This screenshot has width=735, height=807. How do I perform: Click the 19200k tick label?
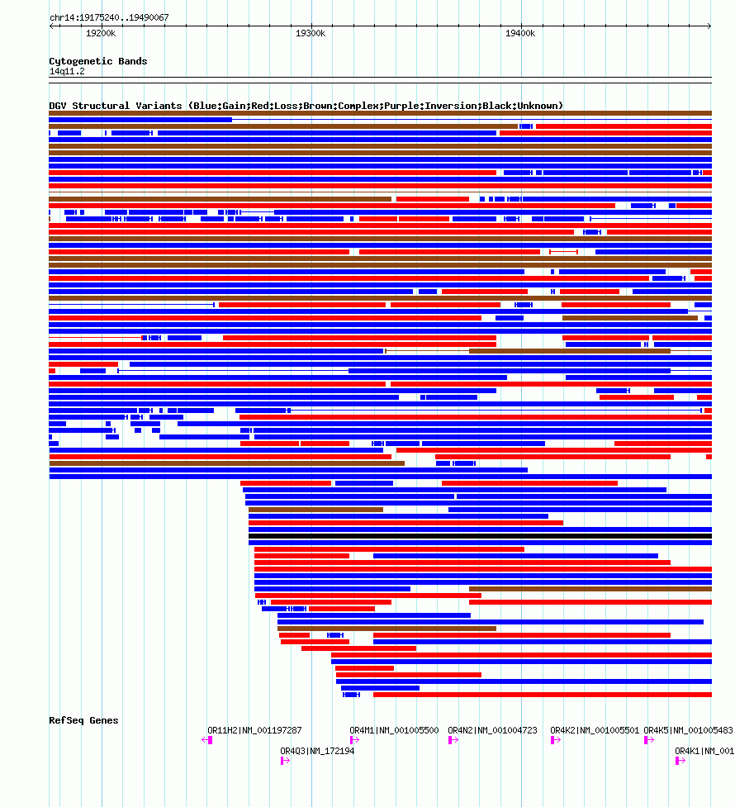(x=101, y=34)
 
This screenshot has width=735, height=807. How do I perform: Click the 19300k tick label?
(x=311, y=34)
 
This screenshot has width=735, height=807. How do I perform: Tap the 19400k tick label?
(x=520, y=34)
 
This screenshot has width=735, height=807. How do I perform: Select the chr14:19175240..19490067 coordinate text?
(x=109, y=17)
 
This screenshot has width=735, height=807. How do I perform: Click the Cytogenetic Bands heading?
(x=97, y=61)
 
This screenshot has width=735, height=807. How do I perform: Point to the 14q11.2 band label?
(x=66, y=72)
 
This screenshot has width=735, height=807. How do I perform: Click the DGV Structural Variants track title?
(x=306, y=106)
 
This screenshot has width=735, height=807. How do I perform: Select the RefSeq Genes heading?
(x=83, y=720)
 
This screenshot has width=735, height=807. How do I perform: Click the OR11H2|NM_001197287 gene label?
(x=254, y=731)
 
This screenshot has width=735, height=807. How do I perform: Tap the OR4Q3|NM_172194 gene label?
(x=317, y=752)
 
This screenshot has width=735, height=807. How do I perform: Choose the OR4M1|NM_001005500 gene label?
(x=394, y=731)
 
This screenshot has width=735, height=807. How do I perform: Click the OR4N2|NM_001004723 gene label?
(x=492, y=731)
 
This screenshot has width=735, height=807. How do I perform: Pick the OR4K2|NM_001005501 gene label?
(x=595, y=731)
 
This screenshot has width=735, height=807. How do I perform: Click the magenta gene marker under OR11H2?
(x=210, y=740)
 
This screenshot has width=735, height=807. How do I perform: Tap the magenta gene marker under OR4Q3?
(x=284, y=761)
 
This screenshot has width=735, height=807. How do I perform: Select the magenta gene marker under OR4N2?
(x=451, y=740)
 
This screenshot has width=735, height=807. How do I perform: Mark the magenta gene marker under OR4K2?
(x=553, y=740)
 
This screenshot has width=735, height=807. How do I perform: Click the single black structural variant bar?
(x=480, y=536)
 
